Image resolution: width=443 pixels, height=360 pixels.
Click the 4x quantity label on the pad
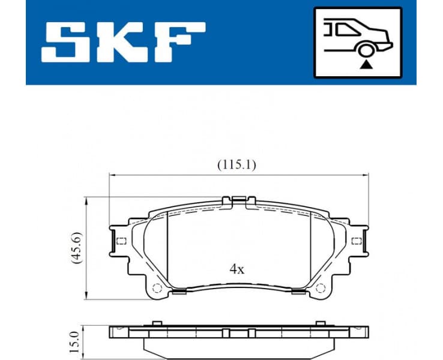(x=237, y=269)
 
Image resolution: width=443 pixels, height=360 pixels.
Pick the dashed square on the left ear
(x=120, y=241)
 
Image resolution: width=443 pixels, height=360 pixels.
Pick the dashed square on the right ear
(x=357, y=241)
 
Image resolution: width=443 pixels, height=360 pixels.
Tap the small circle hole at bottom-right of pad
(x=321, y=286)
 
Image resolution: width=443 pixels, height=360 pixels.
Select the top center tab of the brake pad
(x=238, y=199)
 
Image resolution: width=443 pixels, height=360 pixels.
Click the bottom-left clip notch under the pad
(x=177, y=293)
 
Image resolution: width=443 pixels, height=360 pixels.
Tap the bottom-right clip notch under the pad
(x=299, y=293)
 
